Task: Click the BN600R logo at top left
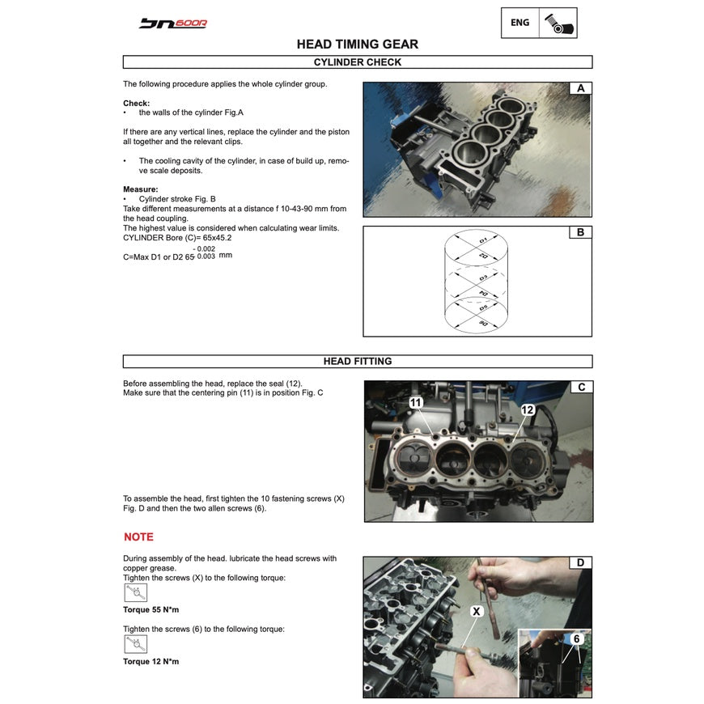coord(172,23)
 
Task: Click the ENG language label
coord(520,23)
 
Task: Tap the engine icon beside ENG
coord(558,23)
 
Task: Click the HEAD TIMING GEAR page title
coord(357,45)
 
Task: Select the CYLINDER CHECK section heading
coord(357,61)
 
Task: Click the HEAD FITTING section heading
coord(357,362)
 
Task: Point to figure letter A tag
coord(580,88)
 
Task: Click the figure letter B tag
coord(580,233)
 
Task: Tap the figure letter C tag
coord(580,388)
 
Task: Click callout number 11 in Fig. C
coord(415,402)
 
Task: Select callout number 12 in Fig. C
coord(527,410)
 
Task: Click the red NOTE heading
coord(138,536)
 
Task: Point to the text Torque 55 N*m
coord(151,609)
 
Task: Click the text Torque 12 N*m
coord(151,661)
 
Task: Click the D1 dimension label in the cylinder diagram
coord(483,241)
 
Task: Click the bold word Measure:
coord(141,189)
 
